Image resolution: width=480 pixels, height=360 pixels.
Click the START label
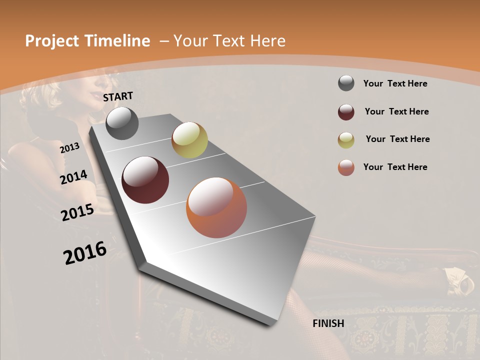point(118,96)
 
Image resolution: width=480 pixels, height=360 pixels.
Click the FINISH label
point(328,323)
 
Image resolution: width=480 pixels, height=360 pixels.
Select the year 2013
point(69,147)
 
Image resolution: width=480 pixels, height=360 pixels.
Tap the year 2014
point(74,177)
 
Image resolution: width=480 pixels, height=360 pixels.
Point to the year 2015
point(77,212)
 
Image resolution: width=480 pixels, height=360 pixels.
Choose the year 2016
point(85,253)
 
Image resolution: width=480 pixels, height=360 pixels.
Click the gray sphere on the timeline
point(122,123)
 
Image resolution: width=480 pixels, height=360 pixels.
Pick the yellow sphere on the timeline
point(189,140)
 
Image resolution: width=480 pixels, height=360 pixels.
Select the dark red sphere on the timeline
point(145,180)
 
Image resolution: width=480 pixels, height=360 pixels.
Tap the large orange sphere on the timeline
point(216,207)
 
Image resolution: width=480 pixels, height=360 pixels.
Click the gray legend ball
point(346,83)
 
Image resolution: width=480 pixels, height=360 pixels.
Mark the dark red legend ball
point(346,112)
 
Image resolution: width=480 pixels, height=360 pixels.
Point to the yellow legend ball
point(346,140)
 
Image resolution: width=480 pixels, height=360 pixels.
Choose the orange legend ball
point(346,167)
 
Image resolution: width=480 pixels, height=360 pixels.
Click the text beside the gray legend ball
point(395,83)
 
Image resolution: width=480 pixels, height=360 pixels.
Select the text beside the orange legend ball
point(395,167)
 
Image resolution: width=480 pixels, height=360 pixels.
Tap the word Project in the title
point(52,41)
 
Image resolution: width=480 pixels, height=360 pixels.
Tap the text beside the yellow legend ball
point(397,139)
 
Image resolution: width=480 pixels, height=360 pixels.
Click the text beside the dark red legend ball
point(396,111)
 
